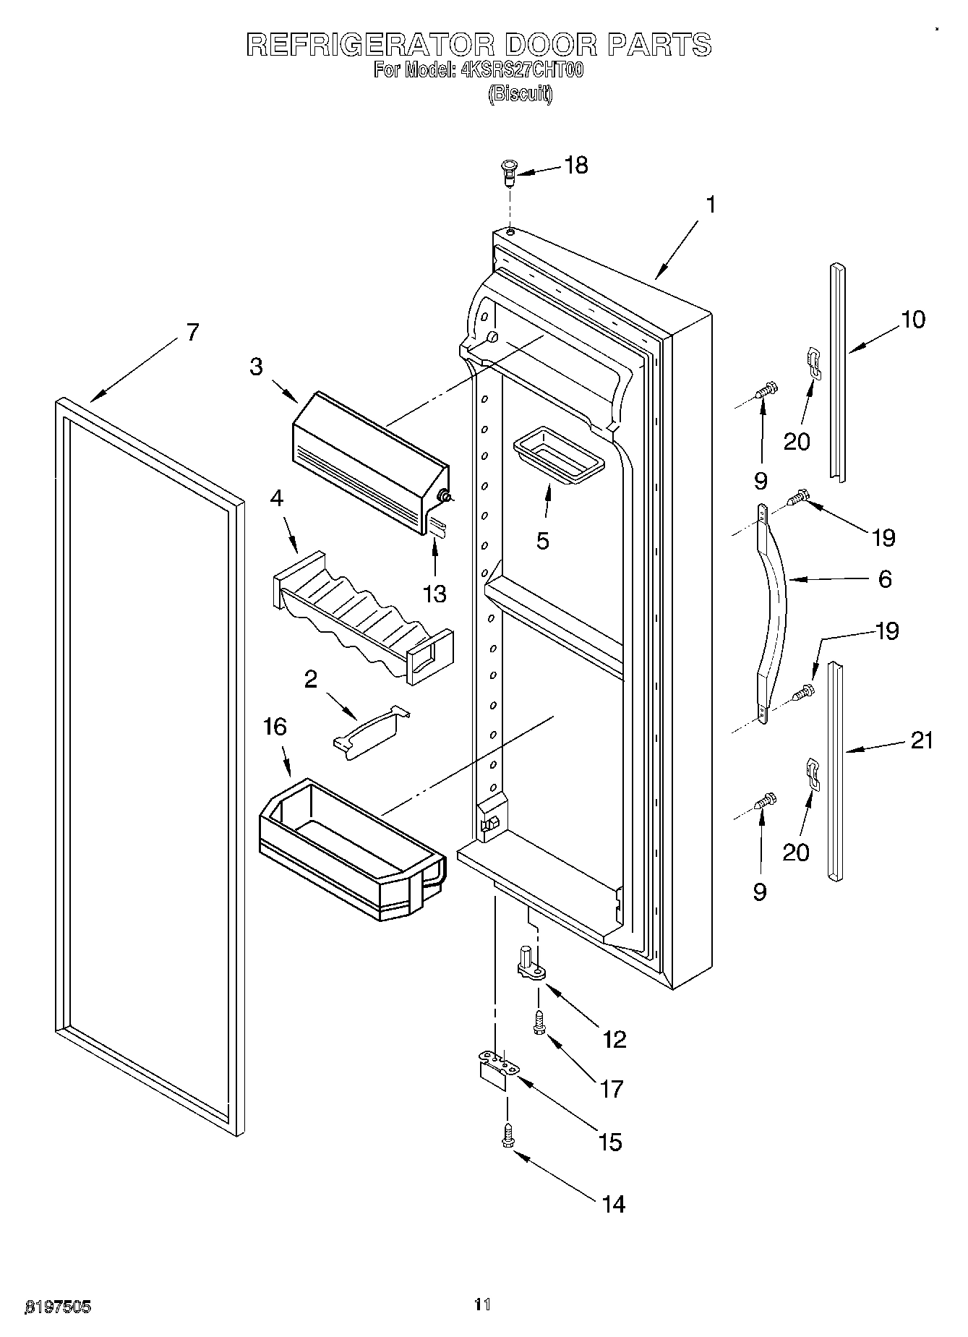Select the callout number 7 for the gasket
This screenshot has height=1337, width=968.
click(192, 333)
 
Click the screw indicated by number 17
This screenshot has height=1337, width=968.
click(539, 1023)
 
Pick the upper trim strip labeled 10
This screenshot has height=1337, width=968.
click(837, 372)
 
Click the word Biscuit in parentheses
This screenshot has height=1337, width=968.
click(521, 93)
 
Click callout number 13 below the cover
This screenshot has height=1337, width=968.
click(434, 594)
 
